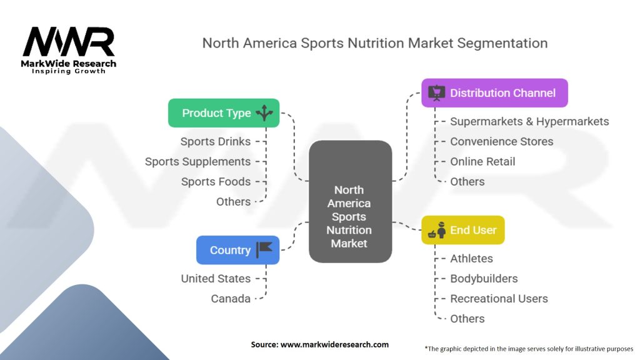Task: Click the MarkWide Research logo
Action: pyautogui.click(x=69, y=49)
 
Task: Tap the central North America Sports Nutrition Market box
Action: pyautogui.click(x=349, y=216)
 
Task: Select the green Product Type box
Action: pyautogui.click(x=224, y=113)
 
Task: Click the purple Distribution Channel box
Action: pyautogui.click(x=494, y=93)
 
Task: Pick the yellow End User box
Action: pyautogui.click(x=462, y=230)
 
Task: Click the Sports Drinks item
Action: pyautogui.click(x=215, y=141)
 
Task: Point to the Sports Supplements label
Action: pyautogui.click(x=197, y=161)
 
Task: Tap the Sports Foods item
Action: pyautogui.click(x=216, y=181)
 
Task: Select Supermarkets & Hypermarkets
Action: pyautogui.click(x=529, y=121)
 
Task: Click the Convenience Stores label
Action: pyautogui.click(x=501, y=141)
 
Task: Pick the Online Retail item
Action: pyautogui.click(x=482, y=161)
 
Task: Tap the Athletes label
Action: pyautogui.click(x=471, y=258)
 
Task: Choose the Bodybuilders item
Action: pyautogui.click(x=484, y=278)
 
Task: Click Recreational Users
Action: pyautogui.click(x=499, y=298)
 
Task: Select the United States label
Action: pyautogui.click(x=216, y=278)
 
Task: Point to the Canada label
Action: pyautogui.click(x=231, y=298)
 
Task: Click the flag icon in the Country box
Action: pyautogui.click(x=264, y=249)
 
